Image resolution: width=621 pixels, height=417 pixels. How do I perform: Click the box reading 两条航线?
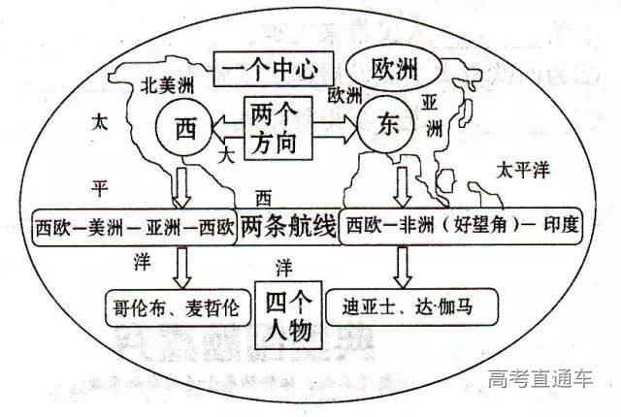point(287,225)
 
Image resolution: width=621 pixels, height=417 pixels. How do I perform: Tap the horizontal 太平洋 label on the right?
point(523,170)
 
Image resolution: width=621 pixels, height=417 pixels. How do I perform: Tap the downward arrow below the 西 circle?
point(180,182)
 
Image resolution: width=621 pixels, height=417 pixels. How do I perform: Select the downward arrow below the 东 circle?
point(400,182)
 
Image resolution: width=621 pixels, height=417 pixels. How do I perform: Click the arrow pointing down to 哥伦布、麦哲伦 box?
point(180,263)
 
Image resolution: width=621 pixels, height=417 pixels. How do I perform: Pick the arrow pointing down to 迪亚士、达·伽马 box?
point(400,263)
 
